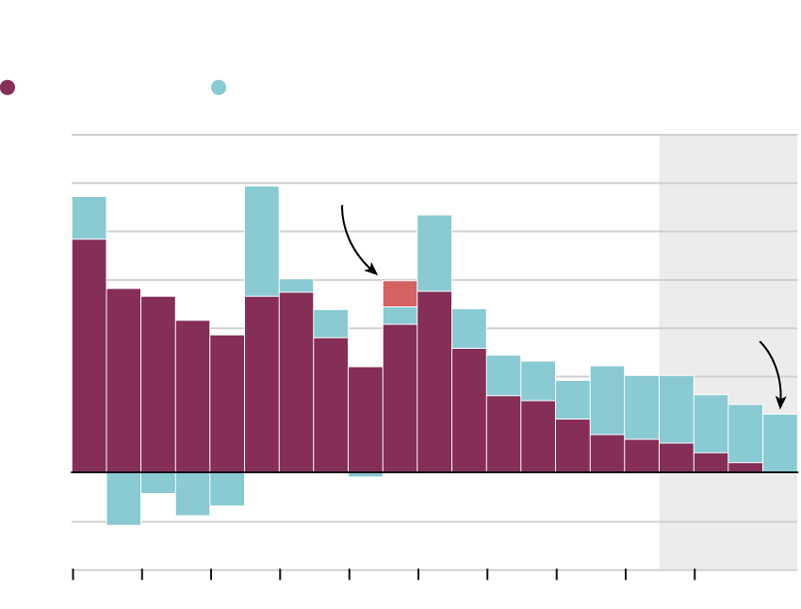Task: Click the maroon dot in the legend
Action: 8,88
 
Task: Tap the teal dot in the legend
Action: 219,88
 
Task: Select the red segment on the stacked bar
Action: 400,293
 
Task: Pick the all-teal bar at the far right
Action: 780,443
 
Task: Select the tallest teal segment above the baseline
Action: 262,241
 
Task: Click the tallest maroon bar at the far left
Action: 89,355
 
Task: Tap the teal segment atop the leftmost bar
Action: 89,218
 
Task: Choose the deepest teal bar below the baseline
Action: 123,498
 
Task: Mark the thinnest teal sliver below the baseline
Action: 366,474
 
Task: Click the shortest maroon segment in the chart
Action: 745,467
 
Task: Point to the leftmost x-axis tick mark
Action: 74,574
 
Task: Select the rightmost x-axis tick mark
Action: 695,574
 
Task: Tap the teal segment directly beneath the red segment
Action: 400,315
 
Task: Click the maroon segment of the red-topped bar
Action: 400,398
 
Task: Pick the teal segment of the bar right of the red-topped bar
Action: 434,254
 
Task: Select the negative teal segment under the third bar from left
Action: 158,482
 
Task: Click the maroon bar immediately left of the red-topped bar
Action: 366,420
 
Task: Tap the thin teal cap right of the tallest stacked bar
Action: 296,286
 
